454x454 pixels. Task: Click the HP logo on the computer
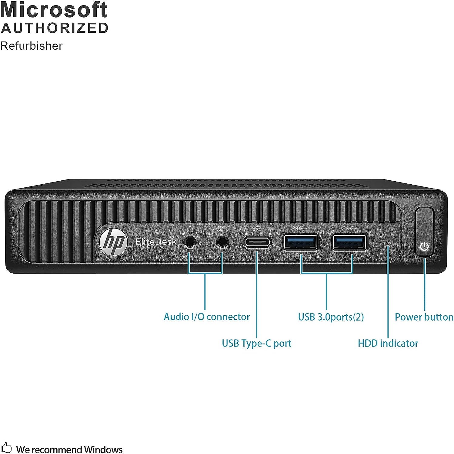113,242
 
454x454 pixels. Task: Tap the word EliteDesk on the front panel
155,242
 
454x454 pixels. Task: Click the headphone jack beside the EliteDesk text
190,242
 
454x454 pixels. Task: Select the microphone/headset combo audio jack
222,242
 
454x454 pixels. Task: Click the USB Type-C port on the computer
257,242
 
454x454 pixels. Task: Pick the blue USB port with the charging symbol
301,242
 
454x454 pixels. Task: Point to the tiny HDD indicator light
388,242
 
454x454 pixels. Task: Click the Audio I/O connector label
207,317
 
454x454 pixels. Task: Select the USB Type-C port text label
256,343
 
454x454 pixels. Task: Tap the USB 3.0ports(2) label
331,317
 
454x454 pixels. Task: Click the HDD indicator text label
388,343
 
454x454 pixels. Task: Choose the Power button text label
424,317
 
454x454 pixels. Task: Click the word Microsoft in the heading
54,10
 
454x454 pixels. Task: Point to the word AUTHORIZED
55,28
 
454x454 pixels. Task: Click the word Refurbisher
31,46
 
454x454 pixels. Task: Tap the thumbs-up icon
6,448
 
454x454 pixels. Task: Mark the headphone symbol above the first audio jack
190,229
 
